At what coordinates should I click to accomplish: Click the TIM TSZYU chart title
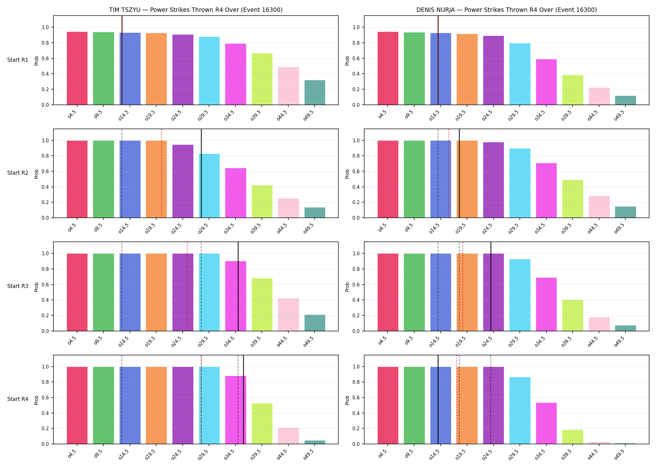pos(196,10)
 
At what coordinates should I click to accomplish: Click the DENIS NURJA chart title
pos(506,10)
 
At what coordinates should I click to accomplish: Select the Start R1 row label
pos(18,60)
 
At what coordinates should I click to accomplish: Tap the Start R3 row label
pos(18,286)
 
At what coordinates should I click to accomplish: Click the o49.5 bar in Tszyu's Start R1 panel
pos(315,92)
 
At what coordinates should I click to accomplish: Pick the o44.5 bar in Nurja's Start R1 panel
pos(599,96)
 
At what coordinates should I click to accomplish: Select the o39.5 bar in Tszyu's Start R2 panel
pos(262,202)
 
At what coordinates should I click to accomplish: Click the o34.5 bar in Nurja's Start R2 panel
pos(546,190)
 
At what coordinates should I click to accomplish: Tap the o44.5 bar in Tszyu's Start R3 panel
pos(288,314)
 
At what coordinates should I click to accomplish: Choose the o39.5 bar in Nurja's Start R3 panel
pos(573,315)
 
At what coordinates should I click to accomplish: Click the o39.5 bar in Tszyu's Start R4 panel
pos(262,424)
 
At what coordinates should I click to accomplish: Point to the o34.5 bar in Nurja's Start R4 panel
pos(546,423)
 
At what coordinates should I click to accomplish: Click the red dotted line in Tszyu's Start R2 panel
pos(162,173)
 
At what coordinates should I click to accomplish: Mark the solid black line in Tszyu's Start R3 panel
pos(238,286)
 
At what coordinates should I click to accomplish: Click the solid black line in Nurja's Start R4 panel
pos(438,399)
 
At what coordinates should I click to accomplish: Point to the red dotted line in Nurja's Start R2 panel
pos(449,173)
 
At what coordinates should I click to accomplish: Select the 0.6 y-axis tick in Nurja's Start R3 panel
pos(356,285)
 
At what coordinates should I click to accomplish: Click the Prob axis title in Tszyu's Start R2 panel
pos(37,174)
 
